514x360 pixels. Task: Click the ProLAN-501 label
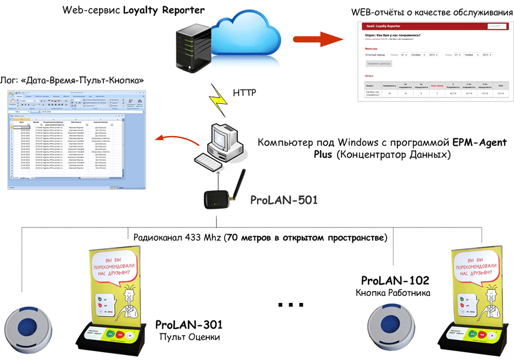pos(284,200)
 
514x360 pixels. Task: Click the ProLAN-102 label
pos(395,280)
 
